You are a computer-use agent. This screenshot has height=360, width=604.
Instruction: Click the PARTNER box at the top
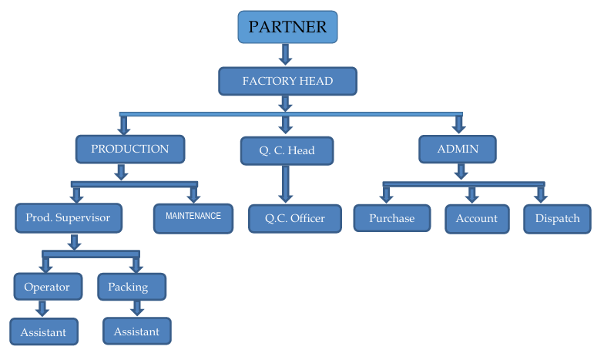(x=287, y=27)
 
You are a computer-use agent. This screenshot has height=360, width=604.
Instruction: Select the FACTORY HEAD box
(x=287, y=81)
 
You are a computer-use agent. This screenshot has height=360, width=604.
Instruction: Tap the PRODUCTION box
(x=130, y=149)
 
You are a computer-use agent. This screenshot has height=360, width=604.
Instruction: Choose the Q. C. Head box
(x=287, y=150)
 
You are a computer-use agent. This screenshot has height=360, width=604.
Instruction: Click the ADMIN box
(x=458, y=149)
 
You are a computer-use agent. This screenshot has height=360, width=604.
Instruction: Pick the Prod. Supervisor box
(x=69, y=218)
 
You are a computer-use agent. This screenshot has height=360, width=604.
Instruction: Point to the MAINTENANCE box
(x=193, y=217)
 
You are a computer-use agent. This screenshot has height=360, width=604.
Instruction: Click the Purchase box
(x=391, y=218)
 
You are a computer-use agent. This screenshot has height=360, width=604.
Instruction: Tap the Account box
(x=477, y=218)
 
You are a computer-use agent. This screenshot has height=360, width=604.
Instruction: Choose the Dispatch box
(x=557, y=218)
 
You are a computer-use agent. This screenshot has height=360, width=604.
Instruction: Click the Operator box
(x=47, y=287)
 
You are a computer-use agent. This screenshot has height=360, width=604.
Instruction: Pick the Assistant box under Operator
(x=44, y=332)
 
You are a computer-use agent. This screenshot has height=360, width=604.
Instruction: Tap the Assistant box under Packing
(x=136, y=331)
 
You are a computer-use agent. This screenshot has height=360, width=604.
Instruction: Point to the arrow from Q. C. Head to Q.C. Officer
(x=286, y=183)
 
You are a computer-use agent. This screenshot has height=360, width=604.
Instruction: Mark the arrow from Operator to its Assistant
(x=42, y=308)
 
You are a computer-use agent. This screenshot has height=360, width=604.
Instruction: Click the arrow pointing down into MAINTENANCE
(x=193, y=194)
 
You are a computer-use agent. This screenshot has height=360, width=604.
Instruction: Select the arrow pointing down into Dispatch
(x=541, y=193)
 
